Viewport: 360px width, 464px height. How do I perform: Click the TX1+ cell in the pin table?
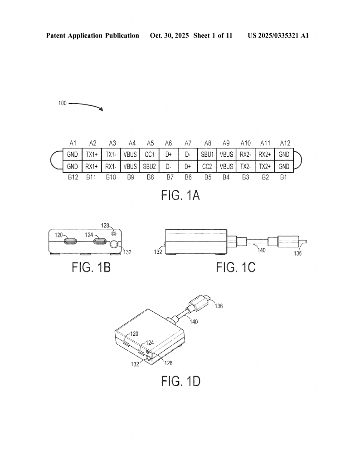click(92, 155)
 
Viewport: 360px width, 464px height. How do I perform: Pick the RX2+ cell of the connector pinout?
click(265, 155)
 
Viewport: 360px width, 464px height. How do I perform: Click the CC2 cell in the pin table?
click(207, 166)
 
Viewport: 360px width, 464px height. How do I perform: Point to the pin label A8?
click(207, 143)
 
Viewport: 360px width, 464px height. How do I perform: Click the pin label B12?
click(73, 178)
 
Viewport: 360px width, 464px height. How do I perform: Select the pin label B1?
click(284, 178)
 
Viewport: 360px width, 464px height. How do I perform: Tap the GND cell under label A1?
click(73, 155)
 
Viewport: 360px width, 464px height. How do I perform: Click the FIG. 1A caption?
click(180, 196)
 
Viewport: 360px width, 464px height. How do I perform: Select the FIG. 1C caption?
click(235, 267)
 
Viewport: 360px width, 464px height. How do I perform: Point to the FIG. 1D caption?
click(180, 381)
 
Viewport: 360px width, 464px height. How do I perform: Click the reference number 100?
click(62, 103)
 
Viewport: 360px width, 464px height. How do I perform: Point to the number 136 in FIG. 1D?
click(218, 306)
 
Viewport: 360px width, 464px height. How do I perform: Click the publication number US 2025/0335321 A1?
click(278, 35)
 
